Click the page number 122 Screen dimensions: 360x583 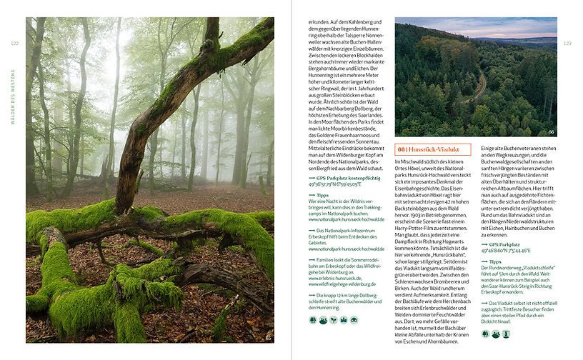(x=14, y=44)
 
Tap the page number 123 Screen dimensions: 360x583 (x=568, y=44)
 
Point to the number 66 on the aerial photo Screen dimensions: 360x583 (x=551, y=131)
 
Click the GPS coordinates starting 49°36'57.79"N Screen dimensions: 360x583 (x=334, y=184)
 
